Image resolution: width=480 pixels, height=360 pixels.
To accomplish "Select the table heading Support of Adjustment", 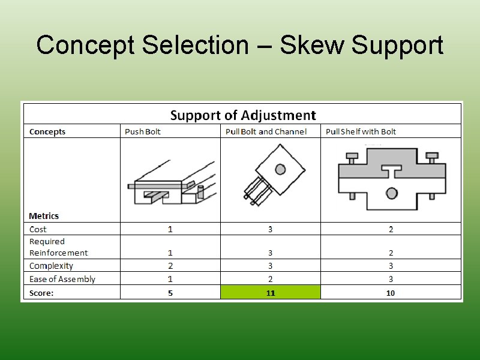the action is point(243,115).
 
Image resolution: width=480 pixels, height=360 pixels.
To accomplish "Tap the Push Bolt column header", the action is point(143,131).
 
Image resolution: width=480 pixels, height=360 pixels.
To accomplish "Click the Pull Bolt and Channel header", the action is point(266,131).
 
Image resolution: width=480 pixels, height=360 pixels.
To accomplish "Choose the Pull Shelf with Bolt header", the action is point(361,131).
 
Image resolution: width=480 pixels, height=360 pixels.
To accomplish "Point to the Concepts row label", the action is point(47,131).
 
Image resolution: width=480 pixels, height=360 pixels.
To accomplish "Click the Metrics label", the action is point(44,215).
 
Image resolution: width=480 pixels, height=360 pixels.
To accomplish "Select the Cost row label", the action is point(38,229).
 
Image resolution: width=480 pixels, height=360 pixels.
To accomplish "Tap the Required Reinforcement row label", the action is point(58,247).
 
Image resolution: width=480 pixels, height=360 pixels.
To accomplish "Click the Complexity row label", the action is point(51,266).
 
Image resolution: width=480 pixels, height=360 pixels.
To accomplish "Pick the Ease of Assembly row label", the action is point(62,279).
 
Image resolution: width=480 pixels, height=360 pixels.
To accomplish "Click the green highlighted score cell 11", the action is point(271,293).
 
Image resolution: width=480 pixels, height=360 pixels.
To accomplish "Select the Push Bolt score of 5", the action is point(170,293).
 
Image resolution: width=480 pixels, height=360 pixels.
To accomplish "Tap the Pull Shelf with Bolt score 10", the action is point(391,293).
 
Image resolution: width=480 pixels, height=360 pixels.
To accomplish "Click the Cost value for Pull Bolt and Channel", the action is point(271,229).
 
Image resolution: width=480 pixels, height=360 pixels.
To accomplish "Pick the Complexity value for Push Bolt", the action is point(170,266).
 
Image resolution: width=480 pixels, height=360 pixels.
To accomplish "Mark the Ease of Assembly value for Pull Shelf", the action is point(391,279).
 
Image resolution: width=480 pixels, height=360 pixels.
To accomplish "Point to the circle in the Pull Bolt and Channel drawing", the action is point(279,169).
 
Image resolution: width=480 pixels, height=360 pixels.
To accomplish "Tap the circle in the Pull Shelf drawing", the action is point(391,193).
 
